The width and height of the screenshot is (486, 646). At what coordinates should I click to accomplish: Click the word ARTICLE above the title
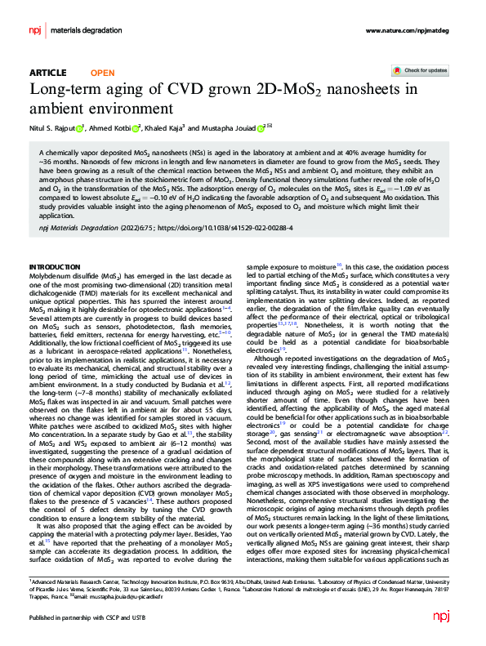[47, 73]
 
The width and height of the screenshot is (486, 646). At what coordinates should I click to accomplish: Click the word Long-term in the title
[65, 90]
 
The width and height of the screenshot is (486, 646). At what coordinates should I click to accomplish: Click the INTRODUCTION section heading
[59, 267]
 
